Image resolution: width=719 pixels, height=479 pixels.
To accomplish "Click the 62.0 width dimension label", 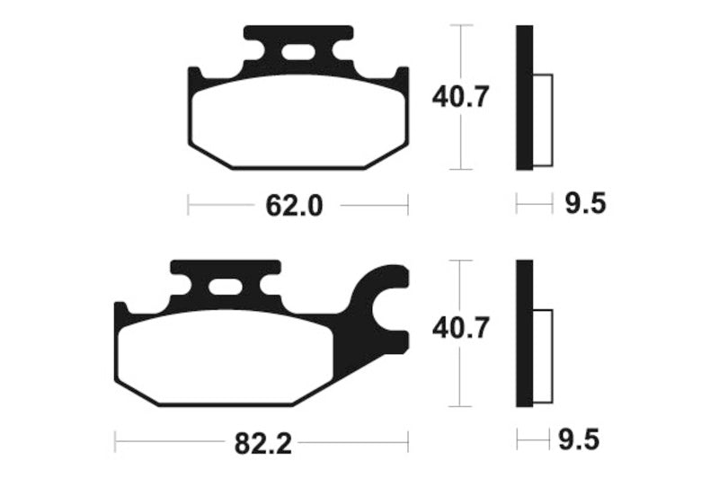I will pos(293,206).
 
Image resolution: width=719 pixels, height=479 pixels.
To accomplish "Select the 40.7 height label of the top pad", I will pos(460,97).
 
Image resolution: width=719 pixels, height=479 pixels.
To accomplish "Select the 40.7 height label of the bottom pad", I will pos(460,330).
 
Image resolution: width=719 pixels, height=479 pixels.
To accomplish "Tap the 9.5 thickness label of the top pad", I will pos(586,205).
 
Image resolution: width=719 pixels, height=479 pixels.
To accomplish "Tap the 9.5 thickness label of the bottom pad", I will pos(580,440).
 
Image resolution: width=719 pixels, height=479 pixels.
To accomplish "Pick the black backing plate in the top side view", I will pos(524,97).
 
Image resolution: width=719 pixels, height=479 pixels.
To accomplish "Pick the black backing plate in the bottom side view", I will pos(524,333).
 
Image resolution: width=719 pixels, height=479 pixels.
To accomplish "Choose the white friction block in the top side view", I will pos(542,120).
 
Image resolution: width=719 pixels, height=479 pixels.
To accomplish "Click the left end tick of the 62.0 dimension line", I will pos(188,205).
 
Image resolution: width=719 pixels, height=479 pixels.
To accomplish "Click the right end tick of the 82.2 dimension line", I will pos(408,442).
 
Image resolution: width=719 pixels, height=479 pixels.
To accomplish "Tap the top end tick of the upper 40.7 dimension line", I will pos(460,25).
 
